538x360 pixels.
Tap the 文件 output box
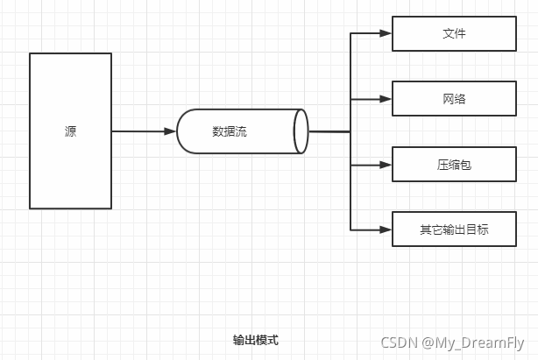454,34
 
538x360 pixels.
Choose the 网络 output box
454,99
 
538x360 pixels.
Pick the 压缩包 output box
454,164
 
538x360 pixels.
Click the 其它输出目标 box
454,229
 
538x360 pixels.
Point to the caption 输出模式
256,340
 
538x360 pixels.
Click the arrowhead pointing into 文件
385,34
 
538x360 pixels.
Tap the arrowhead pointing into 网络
385,99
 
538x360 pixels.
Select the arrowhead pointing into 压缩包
385,164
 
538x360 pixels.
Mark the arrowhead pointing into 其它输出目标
385,229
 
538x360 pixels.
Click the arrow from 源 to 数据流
140,131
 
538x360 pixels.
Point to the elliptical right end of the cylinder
301,131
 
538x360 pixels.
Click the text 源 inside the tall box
70,131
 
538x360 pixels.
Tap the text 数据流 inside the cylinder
230,131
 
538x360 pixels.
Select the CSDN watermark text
399,343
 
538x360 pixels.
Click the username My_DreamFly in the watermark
480,343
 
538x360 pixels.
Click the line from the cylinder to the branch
329,131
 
